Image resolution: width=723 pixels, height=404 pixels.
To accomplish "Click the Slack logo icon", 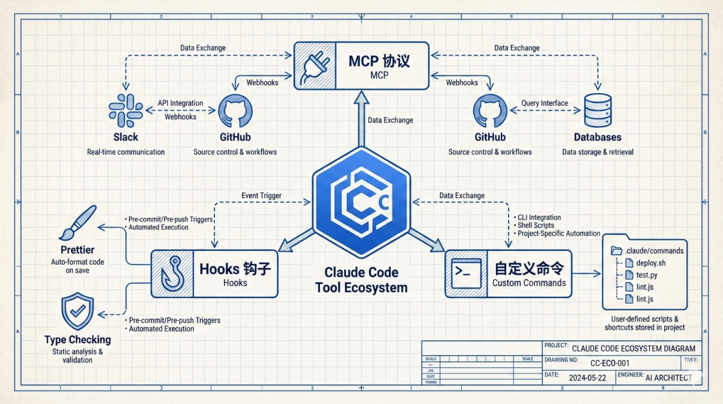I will click(125, 110).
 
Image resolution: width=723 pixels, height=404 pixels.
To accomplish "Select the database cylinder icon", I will click(597, 110).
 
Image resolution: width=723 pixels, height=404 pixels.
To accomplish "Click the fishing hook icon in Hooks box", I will click(171, 274).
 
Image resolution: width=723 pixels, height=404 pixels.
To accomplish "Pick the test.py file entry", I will click(647, 275).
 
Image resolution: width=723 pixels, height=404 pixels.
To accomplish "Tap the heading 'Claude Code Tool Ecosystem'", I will click(361, 280).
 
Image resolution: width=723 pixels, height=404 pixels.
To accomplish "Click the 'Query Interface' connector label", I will click(544, 103).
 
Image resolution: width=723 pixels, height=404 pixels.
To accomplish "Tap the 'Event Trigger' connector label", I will click(261, 196).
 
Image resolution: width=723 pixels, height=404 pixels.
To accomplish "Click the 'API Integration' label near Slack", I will click(180, 103).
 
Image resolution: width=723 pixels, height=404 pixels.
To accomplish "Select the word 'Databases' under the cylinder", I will click(597, 137).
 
